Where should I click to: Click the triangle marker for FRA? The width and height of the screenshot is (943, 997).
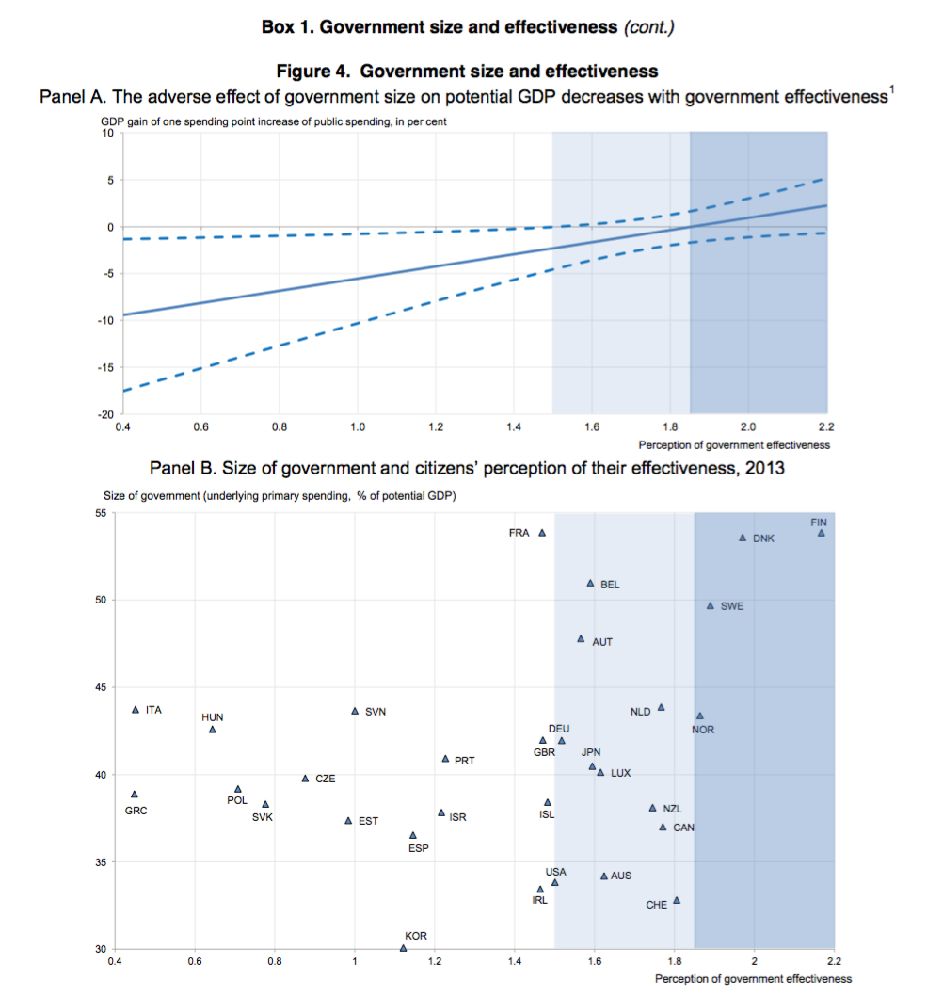[542, 533]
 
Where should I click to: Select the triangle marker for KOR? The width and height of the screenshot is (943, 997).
[404, 948]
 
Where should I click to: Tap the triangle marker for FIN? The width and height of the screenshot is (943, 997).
[821, 533]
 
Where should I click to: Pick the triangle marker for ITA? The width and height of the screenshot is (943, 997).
[136, 709]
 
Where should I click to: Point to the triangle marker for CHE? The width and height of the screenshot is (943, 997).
[676, 900]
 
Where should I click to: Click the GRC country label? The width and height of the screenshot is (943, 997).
[136, 811]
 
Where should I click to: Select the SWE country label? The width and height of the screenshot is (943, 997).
[731, 606]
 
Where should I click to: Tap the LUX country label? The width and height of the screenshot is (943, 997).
[620, 773]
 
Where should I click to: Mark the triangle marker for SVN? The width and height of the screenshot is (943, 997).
[355, 711]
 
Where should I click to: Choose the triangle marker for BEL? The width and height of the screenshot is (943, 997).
[590, 583]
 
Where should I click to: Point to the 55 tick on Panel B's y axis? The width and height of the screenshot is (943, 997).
[102, 513]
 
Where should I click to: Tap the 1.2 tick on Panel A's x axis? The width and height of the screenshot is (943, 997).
[436, 428]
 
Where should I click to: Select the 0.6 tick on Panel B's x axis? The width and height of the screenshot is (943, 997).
[195, 962]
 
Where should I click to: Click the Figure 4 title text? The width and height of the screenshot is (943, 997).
[467, 72]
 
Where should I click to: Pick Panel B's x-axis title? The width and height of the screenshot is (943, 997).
[753, 979]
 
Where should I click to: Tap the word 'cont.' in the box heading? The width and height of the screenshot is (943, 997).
[647, 27]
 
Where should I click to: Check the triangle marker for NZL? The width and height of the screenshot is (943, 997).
[652, 808]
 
